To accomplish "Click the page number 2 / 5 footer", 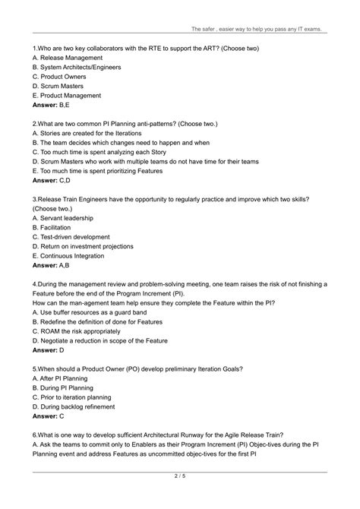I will click(180, 498).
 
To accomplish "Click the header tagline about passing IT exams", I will click(256, 29).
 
